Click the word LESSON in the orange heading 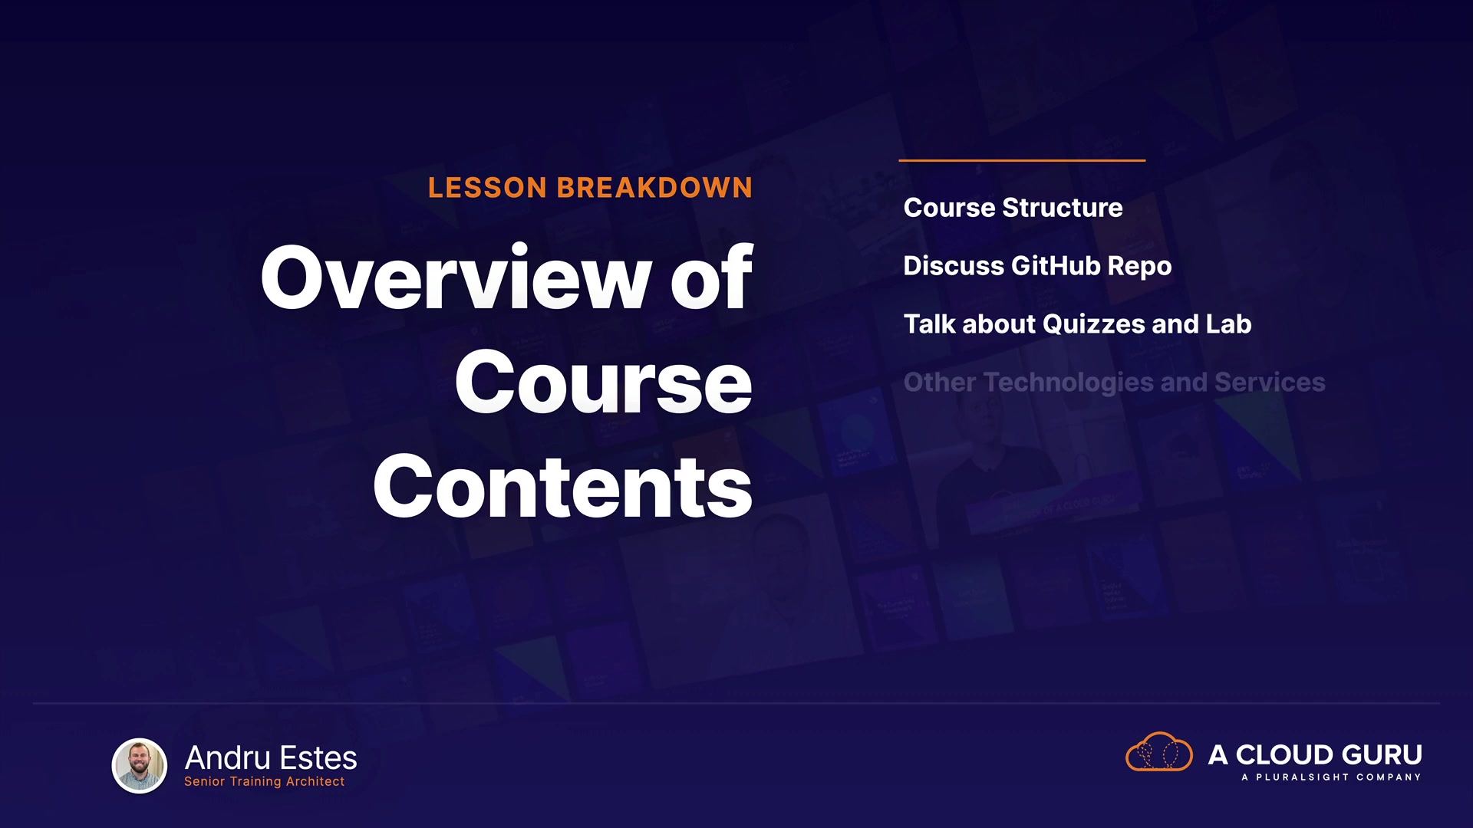pyautogui.click(x=487, y=188)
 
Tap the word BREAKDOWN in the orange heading pyautogui.click(x=654, y=188)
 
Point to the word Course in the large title pyautogui.click(x=604, y=383)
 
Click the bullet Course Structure pyautogui.click(x=1013, y=208)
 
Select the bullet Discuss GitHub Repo pyautogui.click(x=1037, y=266)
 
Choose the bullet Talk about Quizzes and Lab pyautogui.click(x=1077, y=324)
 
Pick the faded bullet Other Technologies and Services pyautogui.click(x=1114, y=383)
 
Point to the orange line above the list pyautogui.click(x=1022, y=160)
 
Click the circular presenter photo pyautogui.click(x=140, y=765)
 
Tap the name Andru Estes pyautogui.click(x=271, y=758)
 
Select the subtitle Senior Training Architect pyautogui.click(x=264, y=781)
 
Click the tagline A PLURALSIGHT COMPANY pyautogui.click(x=1331, y=777)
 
